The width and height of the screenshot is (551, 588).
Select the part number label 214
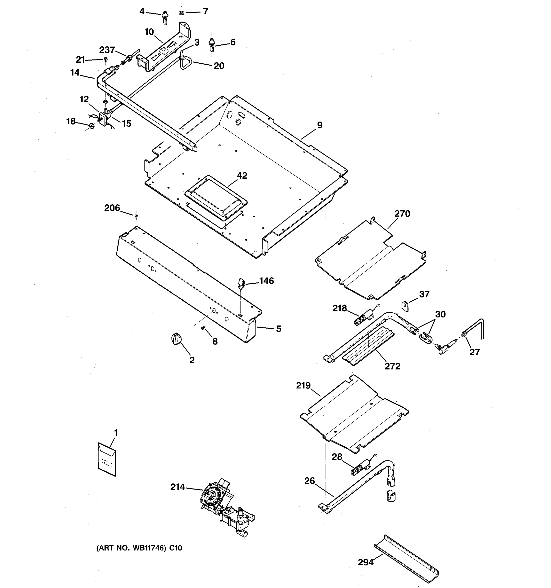pyautogui.click(x=177, y=487)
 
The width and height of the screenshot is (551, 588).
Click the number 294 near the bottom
pyautogui.click(x=366, y=562)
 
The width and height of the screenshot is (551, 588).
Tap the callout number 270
pyautogui.click(x=402, y=214)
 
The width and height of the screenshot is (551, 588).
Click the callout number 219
pyautogui.click(x=303, y=385)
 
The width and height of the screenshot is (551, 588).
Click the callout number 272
pyautogui.click(x=392, y=366)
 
